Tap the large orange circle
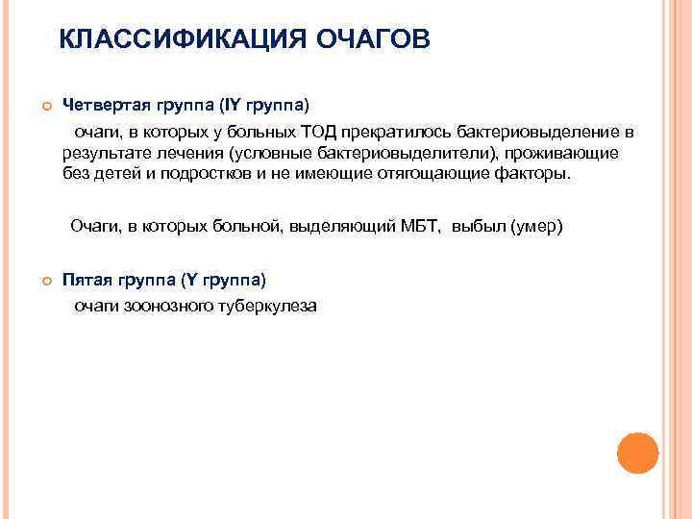(637, 452)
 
